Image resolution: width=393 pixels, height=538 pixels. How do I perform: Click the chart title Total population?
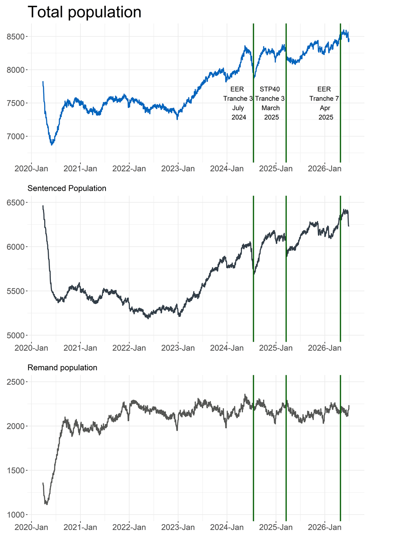point(84,12)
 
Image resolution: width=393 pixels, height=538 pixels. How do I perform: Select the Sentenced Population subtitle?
point(67,188)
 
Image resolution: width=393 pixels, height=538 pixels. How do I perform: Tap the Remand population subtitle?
point(62,368)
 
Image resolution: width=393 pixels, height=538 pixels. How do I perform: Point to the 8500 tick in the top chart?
point(16,37)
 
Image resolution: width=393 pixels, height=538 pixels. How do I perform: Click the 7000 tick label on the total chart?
point(16,137)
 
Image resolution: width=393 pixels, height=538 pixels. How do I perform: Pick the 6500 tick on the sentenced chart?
point(16,203)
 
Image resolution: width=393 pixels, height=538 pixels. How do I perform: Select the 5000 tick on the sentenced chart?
point(16,335)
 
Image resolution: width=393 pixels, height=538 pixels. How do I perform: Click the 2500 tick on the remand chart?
point(16,382)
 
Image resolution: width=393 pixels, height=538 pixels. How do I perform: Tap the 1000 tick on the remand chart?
point(16,515)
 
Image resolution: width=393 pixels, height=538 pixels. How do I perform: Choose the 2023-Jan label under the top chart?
point(178,169)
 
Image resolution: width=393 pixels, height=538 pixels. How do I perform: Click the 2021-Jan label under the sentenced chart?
point(80,348)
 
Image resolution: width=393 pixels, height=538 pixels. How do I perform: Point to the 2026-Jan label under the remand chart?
point(324,527)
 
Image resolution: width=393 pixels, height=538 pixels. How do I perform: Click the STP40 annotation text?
point(270,89)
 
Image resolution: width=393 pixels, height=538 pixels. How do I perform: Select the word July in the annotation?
point(238,108)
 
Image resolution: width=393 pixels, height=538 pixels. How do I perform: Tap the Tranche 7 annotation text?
point(324,98)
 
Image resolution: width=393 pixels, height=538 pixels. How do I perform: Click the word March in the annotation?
point(271,108)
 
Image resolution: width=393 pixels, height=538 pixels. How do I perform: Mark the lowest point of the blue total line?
point(52,145)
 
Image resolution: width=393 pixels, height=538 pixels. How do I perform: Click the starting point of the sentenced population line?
point(43,206)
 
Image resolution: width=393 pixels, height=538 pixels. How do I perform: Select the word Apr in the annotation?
point(325,108)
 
